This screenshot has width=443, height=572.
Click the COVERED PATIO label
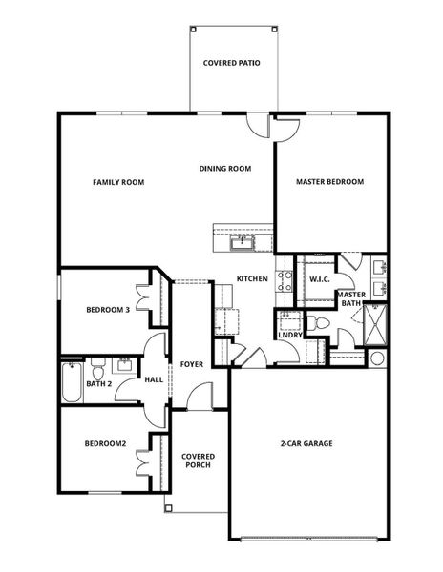tap(232, 64)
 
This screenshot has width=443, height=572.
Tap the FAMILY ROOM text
tap(118, 181)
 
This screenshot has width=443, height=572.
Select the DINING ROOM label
tap(225, 169)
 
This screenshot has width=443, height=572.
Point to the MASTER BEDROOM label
tap(329, 181)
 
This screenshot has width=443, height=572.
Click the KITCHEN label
tap(252, 278)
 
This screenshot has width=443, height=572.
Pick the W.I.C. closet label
tap(318, 278)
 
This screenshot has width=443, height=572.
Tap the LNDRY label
tap(290, 335)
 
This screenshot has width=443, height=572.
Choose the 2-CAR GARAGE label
tap(306, 443)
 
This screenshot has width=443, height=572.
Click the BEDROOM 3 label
tap(108, 309)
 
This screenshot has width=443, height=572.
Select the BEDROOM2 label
tap(105, 443)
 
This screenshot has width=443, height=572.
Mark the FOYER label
tap(190, 364)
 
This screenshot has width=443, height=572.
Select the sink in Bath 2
tap(124, 365)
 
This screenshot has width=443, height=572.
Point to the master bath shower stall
tap(377, 325)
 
